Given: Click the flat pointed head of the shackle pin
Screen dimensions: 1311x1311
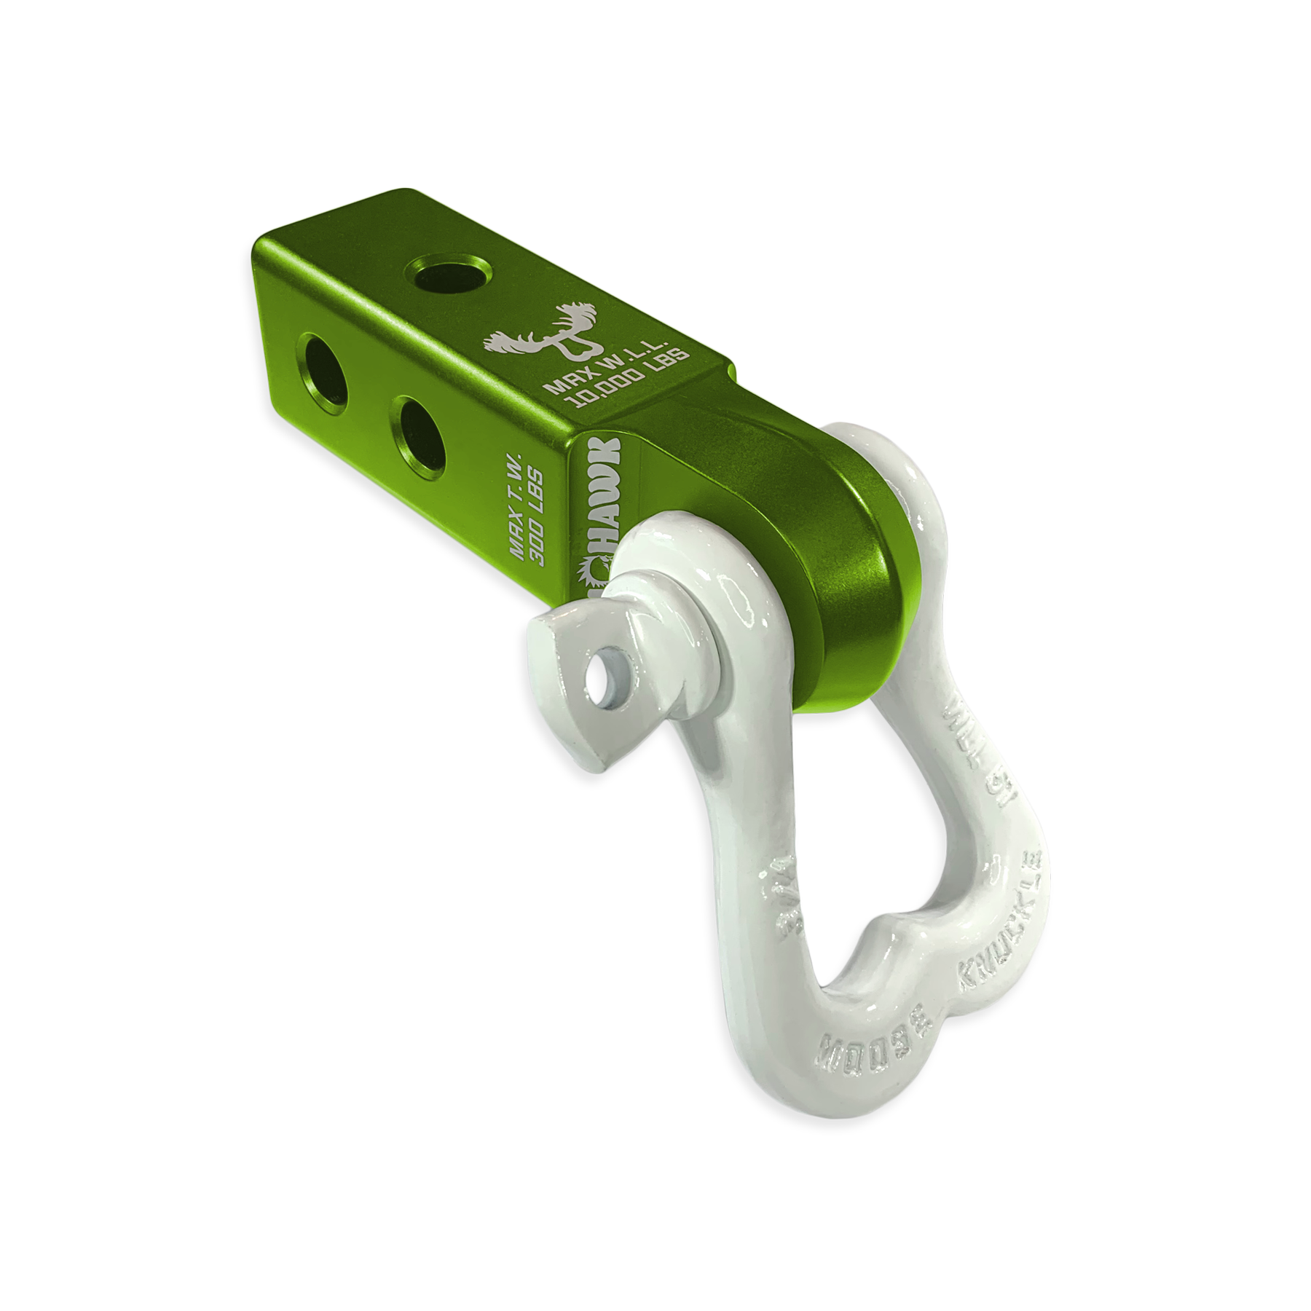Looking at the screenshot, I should point(575,699).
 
